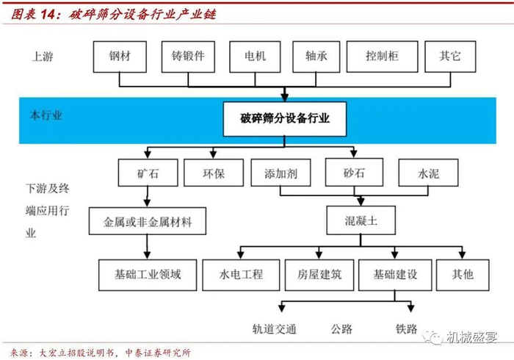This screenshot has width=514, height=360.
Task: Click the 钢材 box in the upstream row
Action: (120, 56)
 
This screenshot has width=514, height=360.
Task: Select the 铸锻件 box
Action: (188, 56)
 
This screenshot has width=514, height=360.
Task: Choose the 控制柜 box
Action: (381, 56)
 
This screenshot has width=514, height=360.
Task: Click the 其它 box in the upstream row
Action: (449, 56)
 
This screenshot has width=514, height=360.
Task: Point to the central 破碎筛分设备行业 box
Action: (285, 118)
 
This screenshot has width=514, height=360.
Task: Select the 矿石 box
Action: (147, 174)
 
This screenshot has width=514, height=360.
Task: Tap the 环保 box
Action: (214, 174)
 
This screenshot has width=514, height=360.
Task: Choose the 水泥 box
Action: (428, 174)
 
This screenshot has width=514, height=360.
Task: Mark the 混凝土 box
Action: (361, 219)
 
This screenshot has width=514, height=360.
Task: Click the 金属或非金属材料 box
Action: (147, 220)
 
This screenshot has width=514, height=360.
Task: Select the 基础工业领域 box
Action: (147, 275)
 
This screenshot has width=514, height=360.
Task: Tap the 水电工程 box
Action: (240, 275)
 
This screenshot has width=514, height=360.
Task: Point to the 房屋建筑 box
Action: (318, 275)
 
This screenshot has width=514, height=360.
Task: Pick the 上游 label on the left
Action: (43, 57)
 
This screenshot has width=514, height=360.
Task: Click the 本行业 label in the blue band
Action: (46, 116)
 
